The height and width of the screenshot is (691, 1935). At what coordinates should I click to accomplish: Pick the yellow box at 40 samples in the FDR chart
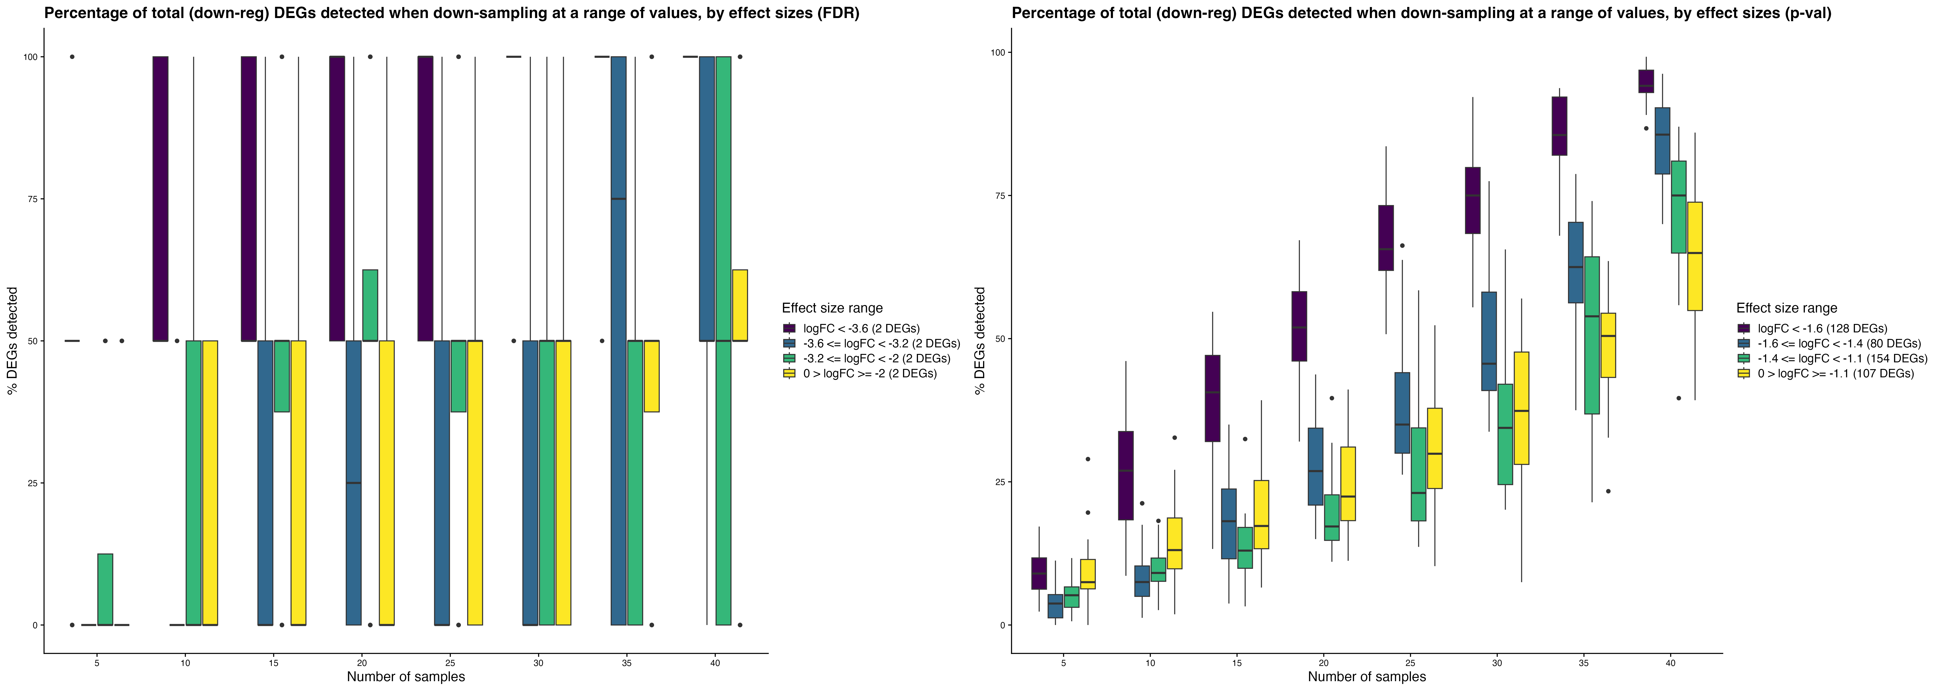tap(740, 305)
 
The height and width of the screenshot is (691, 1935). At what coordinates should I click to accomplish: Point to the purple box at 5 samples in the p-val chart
tap(1039, 574)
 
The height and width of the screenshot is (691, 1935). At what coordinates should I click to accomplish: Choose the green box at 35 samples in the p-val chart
tap(1592, 336)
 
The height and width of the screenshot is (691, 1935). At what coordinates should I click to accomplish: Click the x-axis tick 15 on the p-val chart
tap(1237, 663)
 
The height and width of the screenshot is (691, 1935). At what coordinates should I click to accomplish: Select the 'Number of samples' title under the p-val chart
tap(1367, 677)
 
